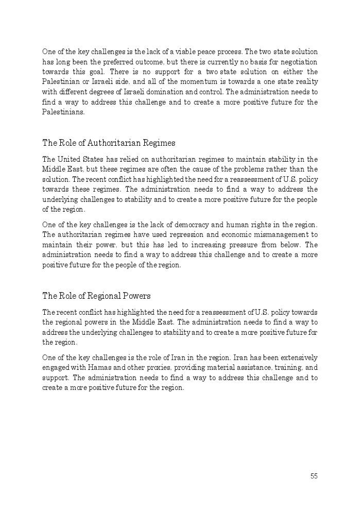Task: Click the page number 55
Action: [x=314, y=476]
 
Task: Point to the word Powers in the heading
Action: [x=135, y=296]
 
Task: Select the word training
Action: [x=292, y=368]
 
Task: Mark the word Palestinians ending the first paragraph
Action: [x=62, y=112]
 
